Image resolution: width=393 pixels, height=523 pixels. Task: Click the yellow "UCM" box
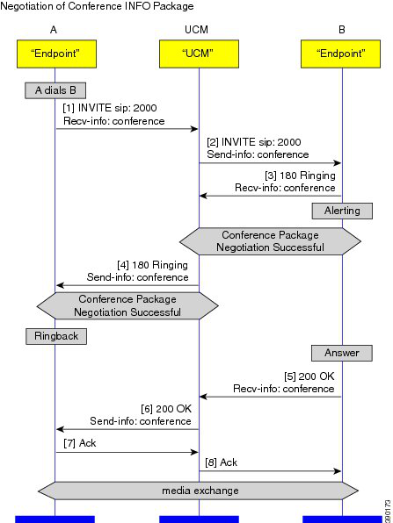(x=199, y=54)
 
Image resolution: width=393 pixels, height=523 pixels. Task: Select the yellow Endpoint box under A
(x=57, y=54)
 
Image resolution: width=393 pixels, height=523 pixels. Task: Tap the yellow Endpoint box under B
(x=340, y=54)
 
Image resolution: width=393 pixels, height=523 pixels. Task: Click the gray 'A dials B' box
(x=55, y=90)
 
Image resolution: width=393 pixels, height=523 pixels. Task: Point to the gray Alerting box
(x=342, y=211)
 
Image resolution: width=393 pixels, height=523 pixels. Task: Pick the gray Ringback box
(x=56, y=336)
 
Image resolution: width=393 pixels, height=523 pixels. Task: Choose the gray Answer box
(x=342, y=353)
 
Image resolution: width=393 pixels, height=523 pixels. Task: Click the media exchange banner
(x=199, y=491)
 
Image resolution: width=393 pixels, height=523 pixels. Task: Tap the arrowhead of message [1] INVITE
(x=194, y=129)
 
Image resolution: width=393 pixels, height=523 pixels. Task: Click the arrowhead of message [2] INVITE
(x=337, y=163)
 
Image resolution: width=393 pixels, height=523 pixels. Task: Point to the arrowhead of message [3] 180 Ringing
(x=204, y=196)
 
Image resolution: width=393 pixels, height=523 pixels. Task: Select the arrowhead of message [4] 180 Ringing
(x=60, y=285)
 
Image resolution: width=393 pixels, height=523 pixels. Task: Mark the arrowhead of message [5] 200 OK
(x=204, y=397)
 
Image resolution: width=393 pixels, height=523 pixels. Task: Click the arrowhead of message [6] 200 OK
(x=60, y=429)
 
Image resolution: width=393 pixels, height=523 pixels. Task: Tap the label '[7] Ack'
(x=79, y=443)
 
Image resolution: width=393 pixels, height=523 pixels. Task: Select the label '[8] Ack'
(x=221, y=462)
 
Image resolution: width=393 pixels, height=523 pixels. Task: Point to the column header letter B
(x=341, y=30)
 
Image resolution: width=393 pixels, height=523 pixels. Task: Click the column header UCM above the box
(x=197, y=30)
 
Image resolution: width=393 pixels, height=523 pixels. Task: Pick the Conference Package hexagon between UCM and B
(x=270, y=241)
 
